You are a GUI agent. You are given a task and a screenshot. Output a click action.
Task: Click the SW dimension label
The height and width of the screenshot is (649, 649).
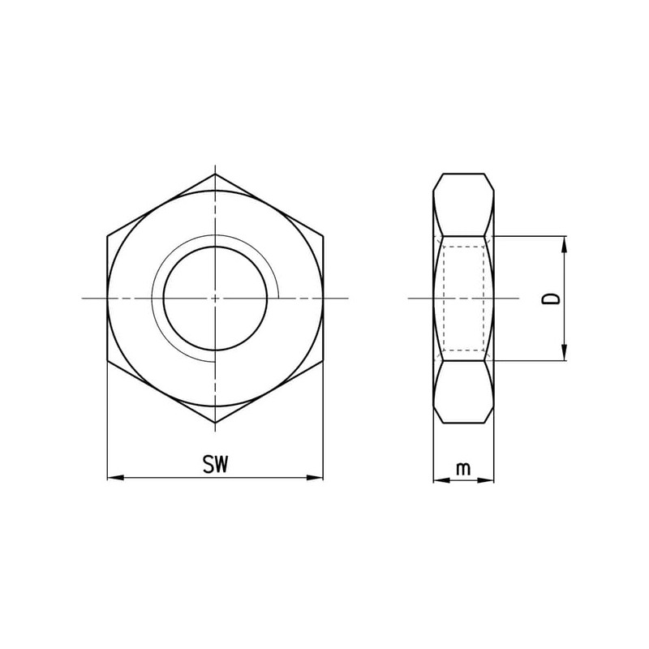215,464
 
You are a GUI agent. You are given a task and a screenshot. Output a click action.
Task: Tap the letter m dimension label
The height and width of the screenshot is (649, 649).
463,469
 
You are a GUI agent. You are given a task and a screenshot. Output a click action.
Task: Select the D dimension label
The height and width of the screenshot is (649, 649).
552,299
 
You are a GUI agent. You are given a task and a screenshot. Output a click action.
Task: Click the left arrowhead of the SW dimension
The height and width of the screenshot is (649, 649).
115,478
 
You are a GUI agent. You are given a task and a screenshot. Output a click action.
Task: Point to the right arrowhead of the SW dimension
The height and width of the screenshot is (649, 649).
315,478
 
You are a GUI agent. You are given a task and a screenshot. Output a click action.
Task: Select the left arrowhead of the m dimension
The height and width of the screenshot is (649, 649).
441,480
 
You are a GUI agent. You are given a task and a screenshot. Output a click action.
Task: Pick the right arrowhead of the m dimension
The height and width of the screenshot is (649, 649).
486,480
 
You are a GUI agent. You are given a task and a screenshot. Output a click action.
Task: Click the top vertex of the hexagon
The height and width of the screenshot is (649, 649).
215,174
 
